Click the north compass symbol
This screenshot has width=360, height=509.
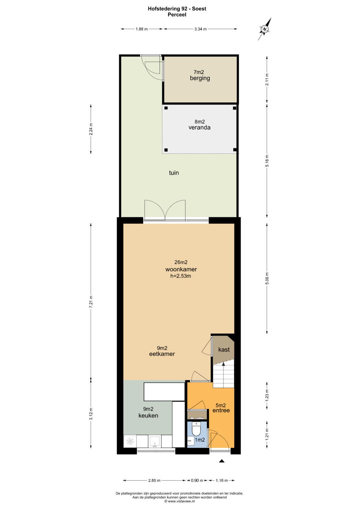pyautogui.click(x=265, y=29)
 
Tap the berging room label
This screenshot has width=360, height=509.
pyautogui.click(x=200, y=78)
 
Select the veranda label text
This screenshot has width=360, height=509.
pyautogui.click(x=199, y=127)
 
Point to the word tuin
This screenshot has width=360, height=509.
pyautogui.click(x=174, y=173)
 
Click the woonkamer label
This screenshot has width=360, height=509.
pyautogui.click(x=181, y=269)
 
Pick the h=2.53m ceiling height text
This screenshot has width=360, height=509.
pyautogui.click(x=181, y=276)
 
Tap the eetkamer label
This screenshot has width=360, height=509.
pyautogui.click(x=162, y=354)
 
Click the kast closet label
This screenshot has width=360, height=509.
pyautogui.click(x=224, y=349)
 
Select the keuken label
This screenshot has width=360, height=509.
pyautogui.click(x=148, y=416)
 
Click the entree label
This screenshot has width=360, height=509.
pyautogui.click(x=221, y=410)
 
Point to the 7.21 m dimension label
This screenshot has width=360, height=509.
pyautogui.click(x=91, y=302)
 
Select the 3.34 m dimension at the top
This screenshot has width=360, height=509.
pyautogui.click(x=200, y=29)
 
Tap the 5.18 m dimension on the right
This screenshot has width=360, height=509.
pyautogui.click(x=267, y=161)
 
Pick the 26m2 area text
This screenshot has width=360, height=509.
pyautogui.click(x=181, y=262)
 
